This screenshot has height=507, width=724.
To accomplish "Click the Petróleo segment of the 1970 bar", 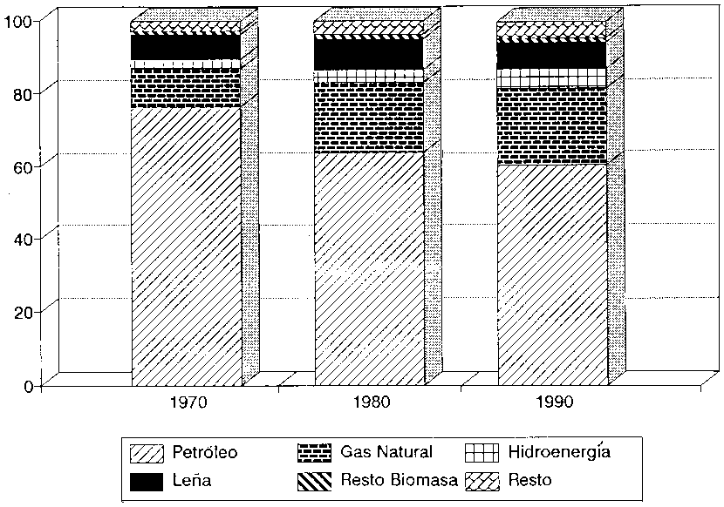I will pos(186,244).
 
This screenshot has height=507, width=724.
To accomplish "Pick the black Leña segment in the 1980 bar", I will pos(369,54).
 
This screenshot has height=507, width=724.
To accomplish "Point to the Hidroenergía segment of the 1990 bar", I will pos(552,78).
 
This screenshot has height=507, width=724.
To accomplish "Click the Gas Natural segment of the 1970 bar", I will pos(186,88).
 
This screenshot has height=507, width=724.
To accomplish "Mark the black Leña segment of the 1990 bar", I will pos(552,54).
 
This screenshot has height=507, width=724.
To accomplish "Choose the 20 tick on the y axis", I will pos(24,312).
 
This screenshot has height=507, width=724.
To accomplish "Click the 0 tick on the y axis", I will pos(29,384).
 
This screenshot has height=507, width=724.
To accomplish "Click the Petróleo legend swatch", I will pos(147,453).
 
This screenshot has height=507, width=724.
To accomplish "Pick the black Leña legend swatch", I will pos(147,480).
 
